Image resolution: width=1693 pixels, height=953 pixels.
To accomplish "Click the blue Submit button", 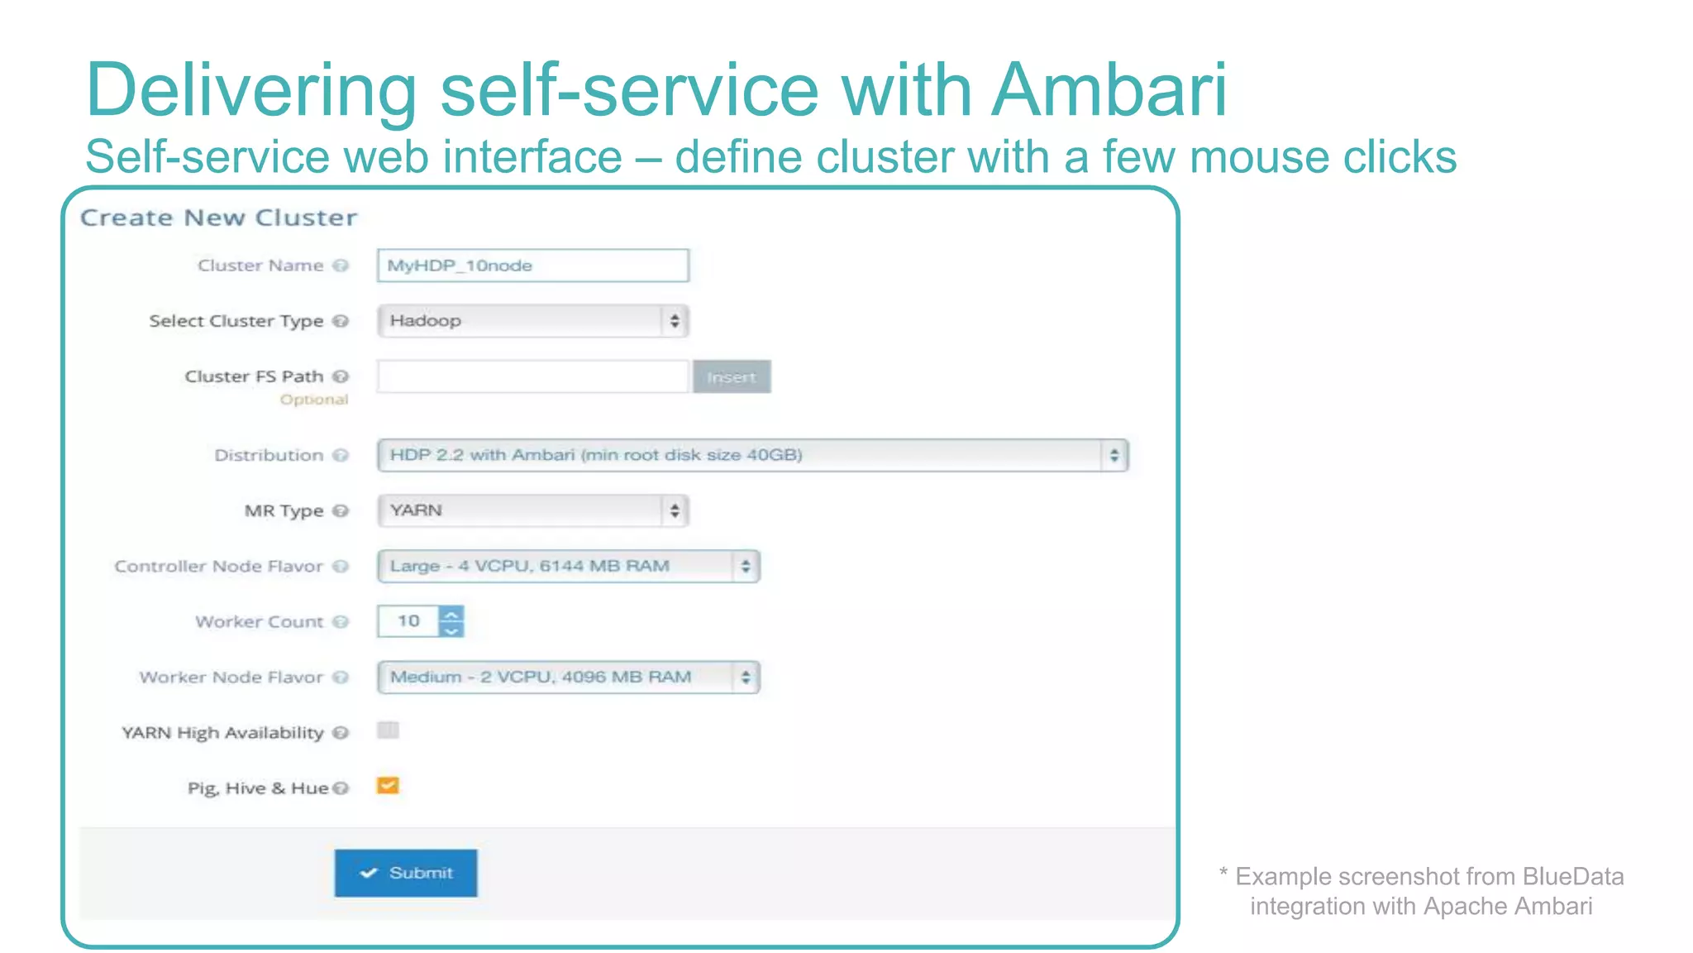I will click(x=406, y=873).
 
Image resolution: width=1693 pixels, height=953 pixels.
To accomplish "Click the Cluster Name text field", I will click(x=532, y=266).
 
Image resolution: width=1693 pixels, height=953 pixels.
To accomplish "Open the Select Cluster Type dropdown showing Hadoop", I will click(x=532, y=321).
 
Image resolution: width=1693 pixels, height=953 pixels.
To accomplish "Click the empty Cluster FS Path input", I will click(x=532, y=376).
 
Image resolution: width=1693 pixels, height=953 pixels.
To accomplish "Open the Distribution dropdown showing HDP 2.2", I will click(x=752, y=455).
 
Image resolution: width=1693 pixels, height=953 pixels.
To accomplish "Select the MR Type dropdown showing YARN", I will click(x=532, y=510).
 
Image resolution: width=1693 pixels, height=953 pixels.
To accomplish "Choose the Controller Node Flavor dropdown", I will click(x=568, y=567).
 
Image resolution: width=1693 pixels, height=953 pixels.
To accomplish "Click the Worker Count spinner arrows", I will click(x=451, y=621).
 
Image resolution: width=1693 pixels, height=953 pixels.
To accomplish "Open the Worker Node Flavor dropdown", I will click(x=568, y=678).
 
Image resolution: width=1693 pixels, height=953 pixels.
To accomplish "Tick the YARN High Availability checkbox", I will click(x=388, y=730).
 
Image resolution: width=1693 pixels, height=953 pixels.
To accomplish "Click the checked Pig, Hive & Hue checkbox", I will click(x=388, y=786).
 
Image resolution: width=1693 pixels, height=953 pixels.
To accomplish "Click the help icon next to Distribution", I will click(x=341, y=456).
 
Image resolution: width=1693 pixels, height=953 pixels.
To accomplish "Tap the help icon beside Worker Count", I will click(x=341, y=622).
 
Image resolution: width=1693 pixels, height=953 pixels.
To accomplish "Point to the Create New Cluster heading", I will click(x=219, y=218).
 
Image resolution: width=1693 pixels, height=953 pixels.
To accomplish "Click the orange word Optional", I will click(x=314, y=400).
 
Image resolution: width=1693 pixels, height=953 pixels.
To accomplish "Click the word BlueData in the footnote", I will click(x=1572, y=876).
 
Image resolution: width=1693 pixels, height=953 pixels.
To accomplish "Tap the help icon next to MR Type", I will click(x=341, y=511).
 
